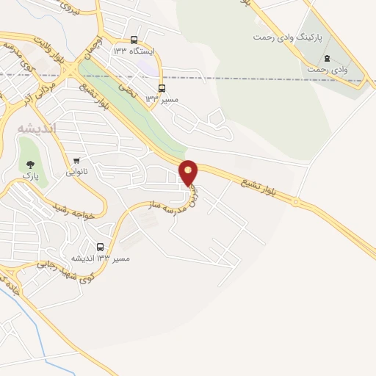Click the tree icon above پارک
point(30,164)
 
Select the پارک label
point(30,176)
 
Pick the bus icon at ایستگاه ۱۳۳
point(134,40)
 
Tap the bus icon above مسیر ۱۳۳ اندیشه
point(101,247)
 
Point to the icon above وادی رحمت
point(327,58)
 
